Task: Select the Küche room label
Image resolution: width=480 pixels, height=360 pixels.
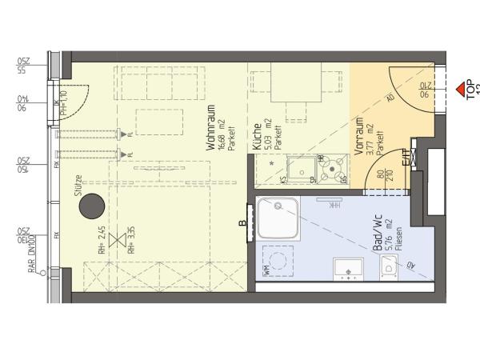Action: [257, 137]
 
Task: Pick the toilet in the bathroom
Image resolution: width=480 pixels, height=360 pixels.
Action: [390, 270]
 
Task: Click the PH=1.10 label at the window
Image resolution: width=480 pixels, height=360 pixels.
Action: [63, 104]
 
